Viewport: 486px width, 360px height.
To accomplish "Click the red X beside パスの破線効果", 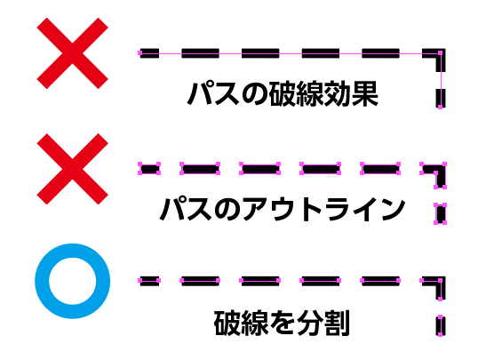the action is [x=73, y=53].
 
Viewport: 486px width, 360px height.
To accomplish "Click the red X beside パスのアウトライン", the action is [x=73, y=169].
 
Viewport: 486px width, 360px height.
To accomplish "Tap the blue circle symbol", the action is [x=73, y=281].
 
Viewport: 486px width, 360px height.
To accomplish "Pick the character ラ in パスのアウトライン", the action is [x=339, y=209].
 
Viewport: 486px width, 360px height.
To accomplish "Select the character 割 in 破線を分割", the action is [x=337, y=323].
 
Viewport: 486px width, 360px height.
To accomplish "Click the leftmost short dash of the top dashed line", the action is [x=149, y=53].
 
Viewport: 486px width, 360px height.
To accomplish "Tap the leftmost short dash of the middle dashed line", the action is [x=149, y=169].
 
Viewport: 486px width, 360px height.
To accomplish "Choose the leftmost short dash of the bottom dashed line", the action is [x=149, y=281].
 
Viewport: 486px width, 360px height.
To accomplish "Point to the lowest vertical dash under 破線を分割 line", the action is [x=441, y=326].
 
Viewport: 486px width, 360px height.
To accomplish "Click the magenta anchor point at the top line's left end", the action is [x=139, y=53].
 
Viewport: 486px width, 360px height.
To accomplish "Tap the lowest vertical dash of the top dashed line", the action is [x=441, y=99].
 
